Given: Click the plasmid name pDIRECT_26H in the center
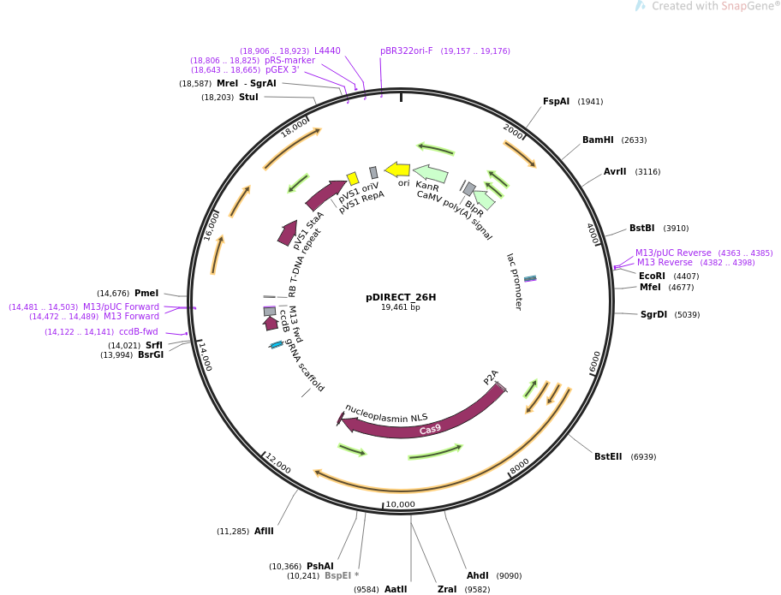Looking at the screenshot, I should [x=401, y=297].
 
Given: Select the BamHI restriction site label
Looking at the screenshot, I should [x=598, y=140].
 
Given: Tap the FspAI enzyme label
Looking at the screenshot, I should [x=556, y=101].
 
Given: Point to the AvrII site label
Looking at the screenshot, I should [x=615, y=171].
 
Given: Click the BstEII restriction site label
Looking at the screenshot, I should [x=609, y=456].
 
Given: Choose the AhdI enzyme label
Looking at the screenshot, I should [x=478, y=575].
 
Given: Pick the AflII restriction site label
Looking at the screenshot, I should [x=264, y=531].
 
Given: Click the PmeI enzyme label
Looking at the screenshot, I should [x=146, y=293].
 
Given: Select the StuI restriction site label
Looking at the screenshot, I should [x=248, y=97].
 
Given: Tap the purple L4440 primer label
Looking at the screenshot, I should [x=327, y=51].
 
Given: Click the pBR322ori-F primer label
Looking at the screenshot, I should [x=407, y=51].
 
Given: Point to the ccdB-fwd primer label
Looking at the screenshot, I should [x=138, y=331].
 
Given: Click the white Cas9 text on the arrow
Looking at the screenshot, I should [x=431, y=429].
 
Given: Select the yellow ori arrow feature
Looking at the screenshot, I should [x=397, y=169].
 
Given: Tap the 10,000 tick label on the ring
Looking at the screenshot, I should [x=400, y=504].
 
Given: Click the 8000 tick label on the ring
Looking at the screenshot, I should [x=520, y=465].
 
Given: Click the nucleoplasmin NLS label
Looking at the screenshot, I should [x=386, y=413].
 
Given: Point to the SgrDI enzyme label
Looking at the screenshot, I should [x=653, y=314].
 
